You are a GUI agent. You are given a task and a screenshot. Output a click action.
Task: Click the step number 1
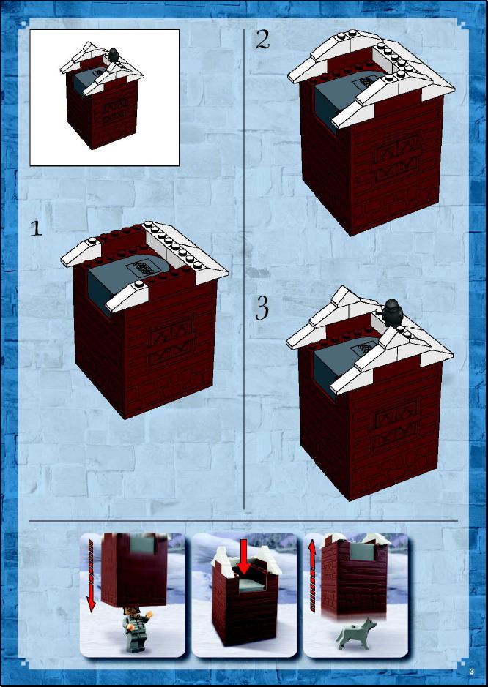36,228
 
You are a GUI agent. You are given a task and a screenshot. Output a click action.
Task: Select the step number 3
262,309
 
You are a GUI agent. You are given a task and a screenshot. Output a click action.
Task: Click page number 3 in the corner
471,671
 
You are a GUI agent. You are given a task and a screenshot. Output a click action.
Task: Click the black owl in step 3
392,313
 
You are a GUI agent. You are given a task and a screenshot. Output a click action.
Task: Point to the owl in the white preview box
114,55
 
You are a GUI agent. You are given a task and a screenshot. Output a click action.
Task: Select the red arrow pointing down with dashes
91,575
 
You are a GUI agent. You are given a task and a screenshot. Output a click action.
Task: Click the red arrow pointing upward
312,575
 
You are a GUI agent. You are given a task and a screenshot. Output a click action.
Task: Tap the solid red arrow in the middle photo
244,557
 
